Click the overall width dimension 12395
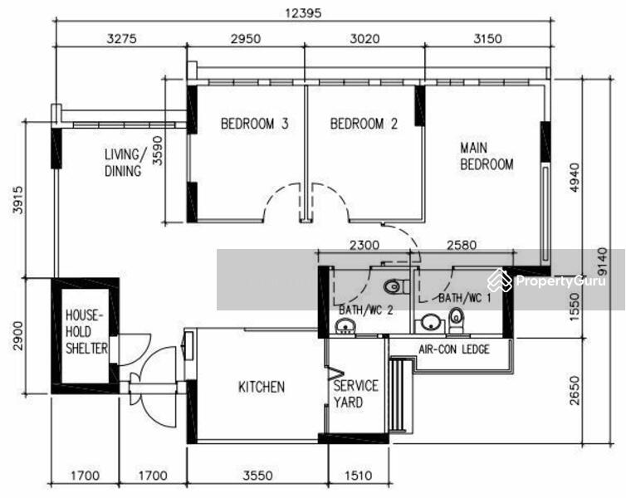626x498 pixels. click(303, 12)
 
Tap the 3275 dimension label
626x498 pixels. click(122, 39)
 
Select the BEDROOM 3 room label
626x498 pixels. click(254, 124)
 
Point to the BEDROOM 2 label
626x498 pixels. click(364, 124)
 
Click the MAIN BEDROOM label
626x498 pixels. click(487, 156)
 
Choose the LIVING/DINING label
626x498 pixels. click(123, 163)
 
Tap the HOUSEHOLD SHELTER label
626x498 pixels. click(86, 332)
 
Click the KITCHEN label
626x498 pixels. click(262, 387)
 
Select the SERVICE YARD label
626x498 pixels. click(355, 394)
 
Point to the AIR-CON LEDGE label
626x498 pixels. click(454, 349)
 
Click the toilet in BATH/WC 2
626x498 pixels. click(397, 286)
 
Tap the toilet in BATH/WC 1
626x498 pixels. click(456, 320)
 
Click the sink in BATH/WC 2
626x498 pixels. click(345, 326)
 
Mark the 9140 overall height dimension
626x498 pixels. click(603, 261)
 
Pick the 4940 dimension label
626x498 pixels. click(574, 177)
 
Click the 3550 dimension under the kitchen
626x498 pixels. click(258, 476)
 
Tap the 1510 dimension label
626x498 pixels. click(358, 476)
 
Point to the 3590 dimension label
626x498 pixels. click(158, 151)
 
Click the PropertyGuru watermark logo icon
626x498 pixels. click(500, 281)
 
